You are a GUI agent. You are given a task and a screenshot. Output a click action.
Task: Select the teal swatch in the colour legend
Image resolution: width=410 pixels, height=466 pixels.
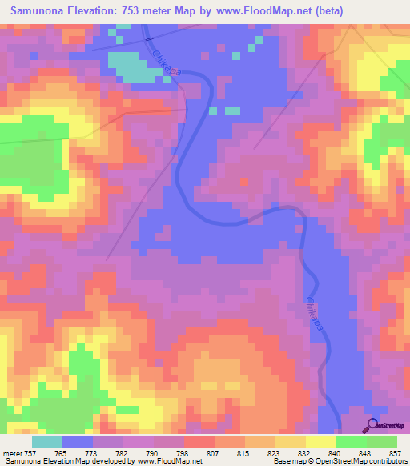click(x=46, y=441)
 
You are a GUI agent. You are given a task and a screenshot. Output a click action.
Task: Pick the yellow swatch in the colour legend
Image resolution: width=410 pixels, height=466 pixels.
click(x=320, y=441)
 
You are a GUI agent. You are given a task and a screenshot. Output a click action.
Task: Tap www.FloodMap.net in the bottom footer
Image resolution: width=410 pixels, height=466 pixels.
click(x=171, y=462)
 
